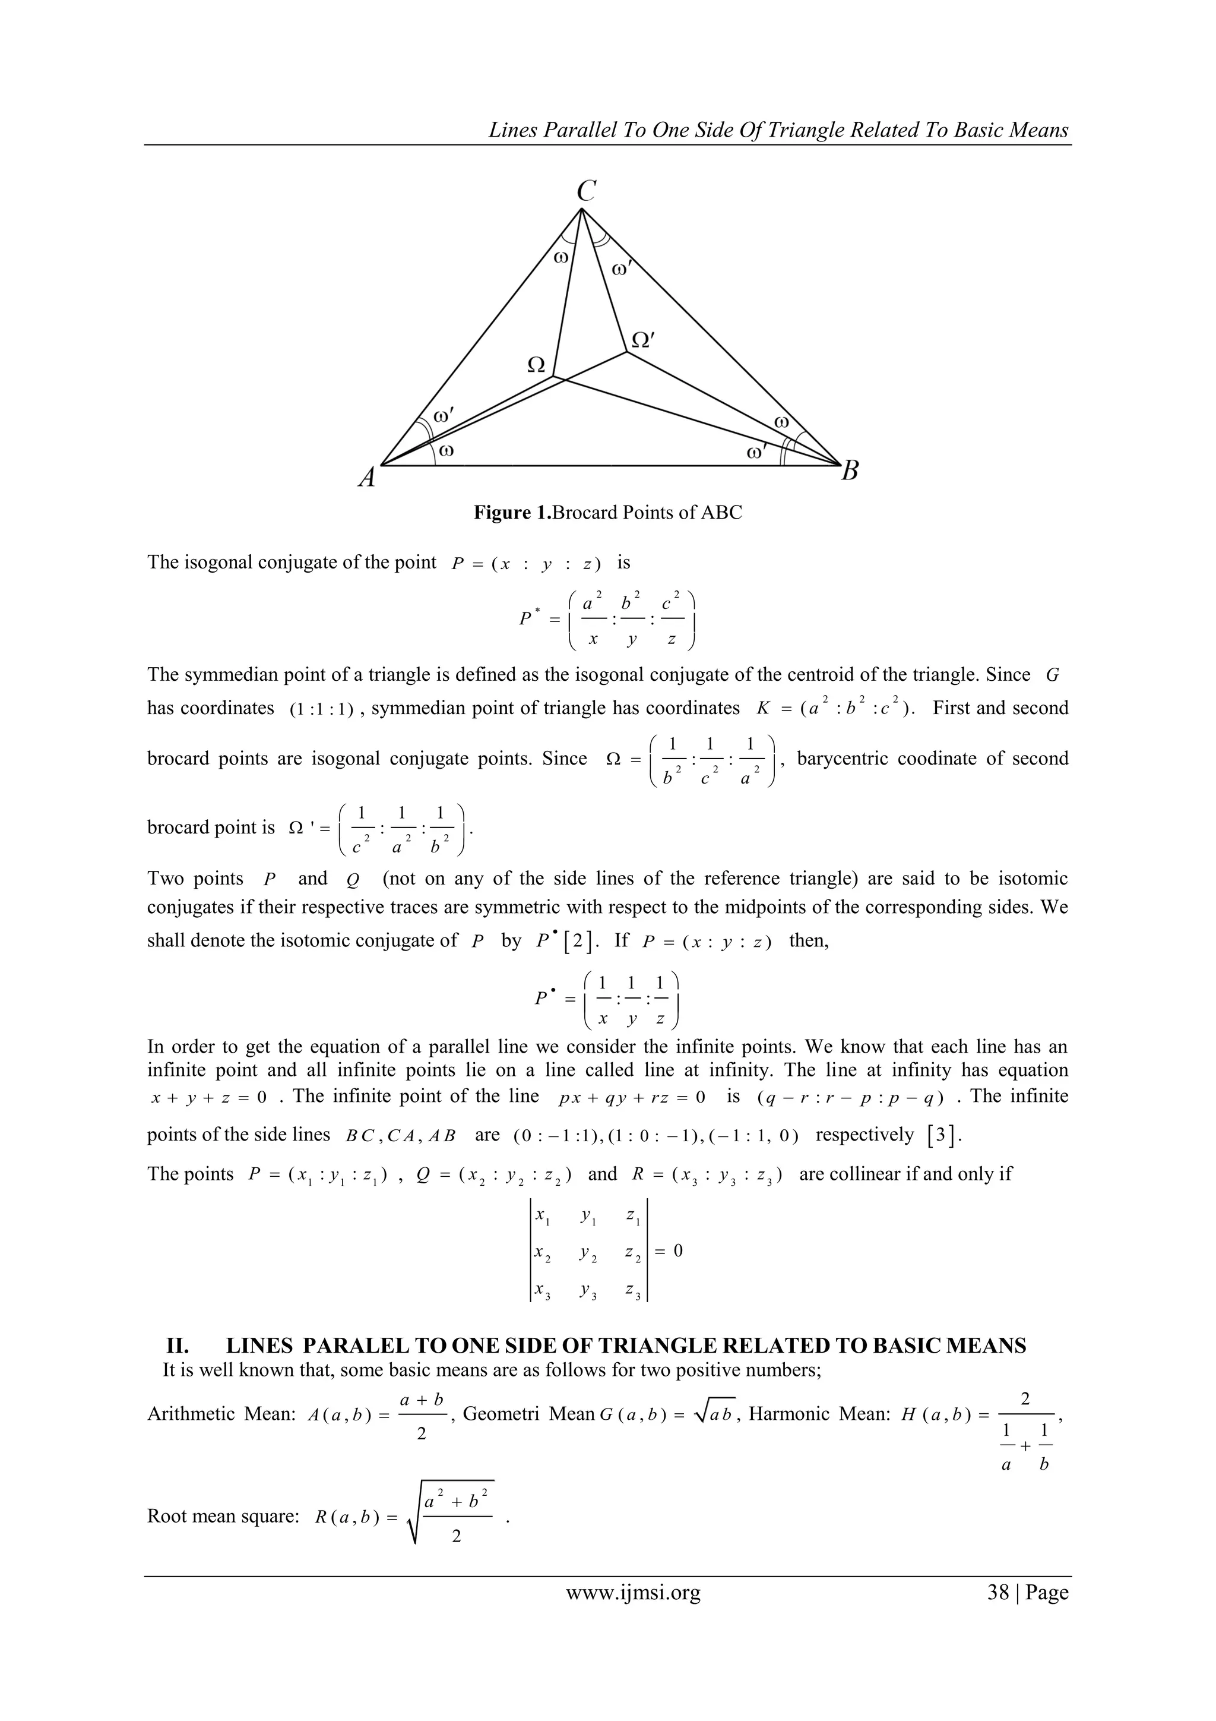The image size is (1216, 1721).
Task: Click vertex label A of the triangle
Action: [x=366, y=476]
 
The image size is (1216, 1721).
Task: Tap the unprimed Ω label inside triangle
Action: [x=536, y=365]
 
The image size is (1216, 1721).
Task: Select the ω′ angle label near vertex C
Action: [x=620, y=269]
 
